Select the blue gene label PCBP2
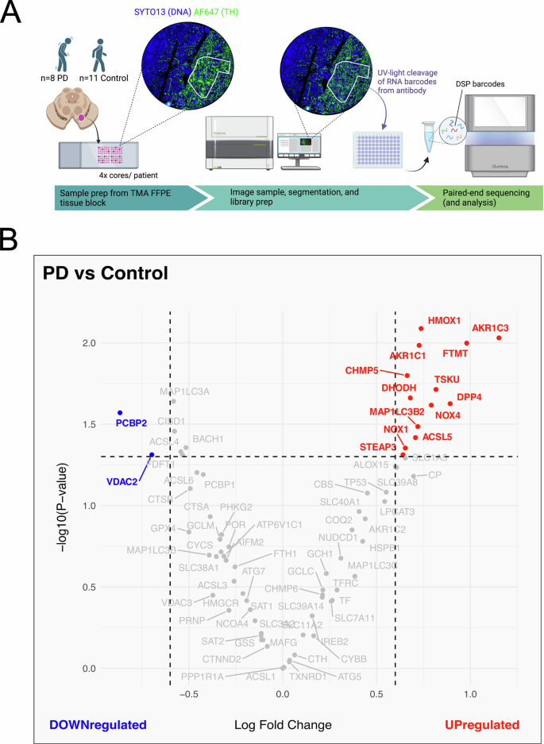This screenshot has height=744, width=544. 131,422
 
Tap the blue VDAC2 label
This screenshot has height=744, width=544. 123,480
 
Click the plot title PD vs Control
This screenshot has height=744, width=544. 105,275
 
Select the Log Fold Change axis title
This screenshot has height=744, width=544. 283,724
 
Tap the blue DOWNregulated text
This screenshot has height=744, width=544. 98,724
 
